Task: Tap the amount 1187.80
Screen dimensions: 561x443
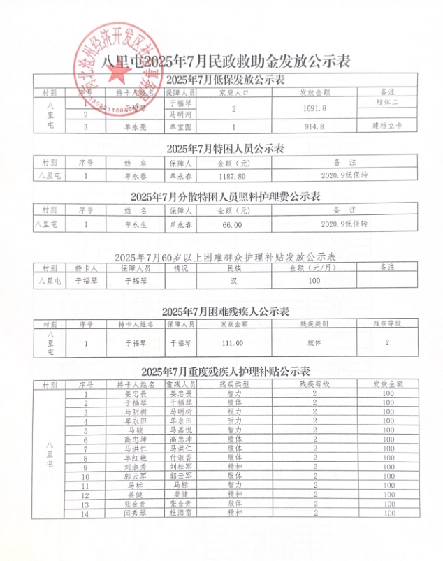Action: coord(231,177)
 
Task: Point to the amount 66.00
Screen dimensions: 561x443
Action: coord(231,225)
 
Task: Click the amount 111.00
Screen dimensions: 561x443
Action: coord(231,343)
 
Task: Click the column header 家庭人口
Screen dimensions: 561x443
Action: coord(234,92)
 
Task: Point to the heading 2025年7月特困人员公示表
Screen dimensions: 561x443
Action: coord(225,149)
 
